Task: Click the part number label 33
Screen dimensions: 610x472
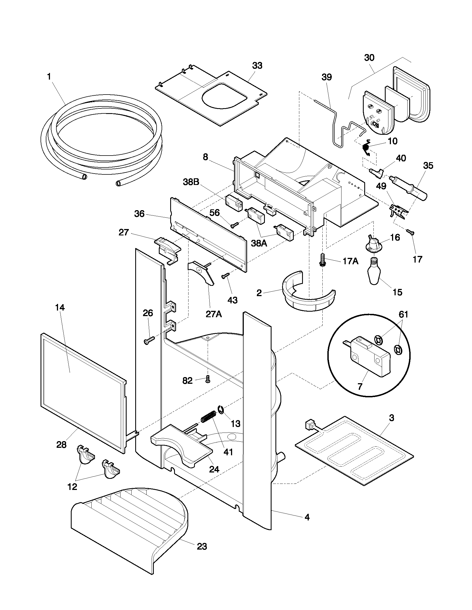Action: [257, 66]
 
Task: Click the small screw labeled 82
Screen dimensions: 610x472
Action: [207, 379]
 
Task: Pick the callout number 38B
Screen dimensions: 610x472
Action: [191, 182]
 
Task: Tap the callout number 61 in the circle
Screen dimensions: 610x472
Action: [403, 314]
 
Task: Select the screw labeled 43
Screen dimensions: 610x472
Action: [225, 276]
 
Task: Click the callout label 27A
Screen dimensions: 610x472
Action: [214, 314]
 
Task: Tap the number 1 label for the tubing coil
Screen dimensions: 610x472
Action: [49, 77]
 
